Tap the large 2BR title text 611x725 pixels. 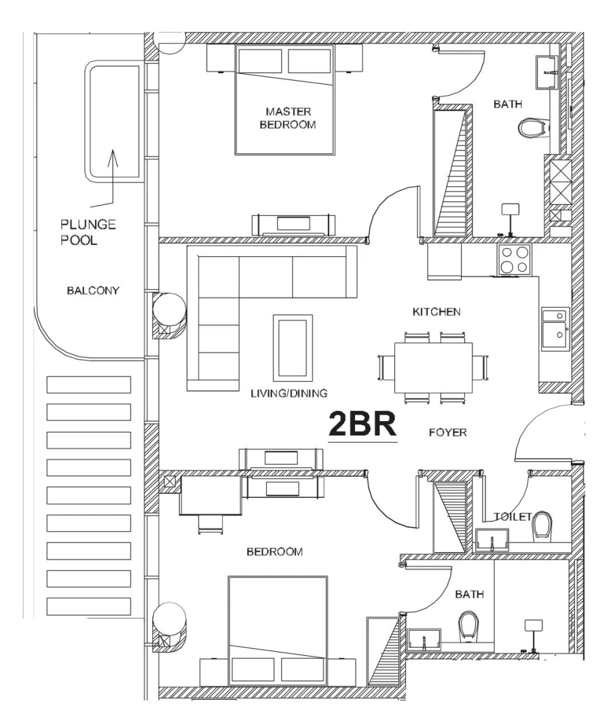coord(363,425)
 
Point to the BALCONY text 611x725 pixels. coord(93,292)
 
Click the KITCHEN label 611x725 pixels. coord(437,312)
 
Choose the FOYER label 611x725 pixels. coord(447,432)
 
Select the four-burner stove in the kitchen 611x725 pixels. coord(515,259)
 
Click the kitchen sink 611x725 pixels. coord(556,329)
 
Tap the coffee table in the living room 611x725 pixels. coord(293,347)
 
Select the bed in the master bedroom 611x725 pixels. coord(285,98)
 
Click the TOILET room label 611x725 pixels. coord(513,515)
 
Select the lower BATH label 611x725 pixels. coord(469,594)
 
